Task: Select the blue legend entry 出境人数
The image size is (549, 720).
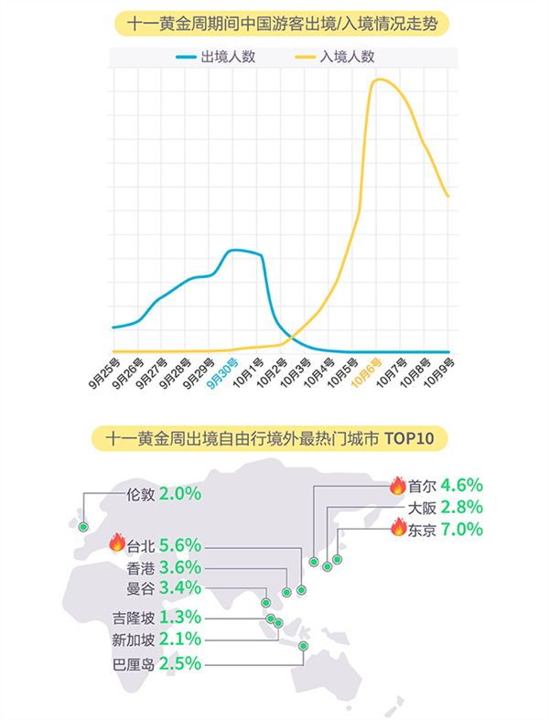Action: (x=216, y=56)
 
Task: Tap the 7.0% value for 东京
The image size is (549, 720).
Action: (x=459, y=530)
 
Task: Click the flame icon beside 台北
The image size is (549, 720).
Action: (x=116, y=543)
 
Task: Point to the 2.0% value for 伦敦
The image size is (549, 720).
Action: (x=179, y=493)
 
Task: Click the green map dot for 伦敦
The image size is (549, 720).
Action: (x=83, y=527)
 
